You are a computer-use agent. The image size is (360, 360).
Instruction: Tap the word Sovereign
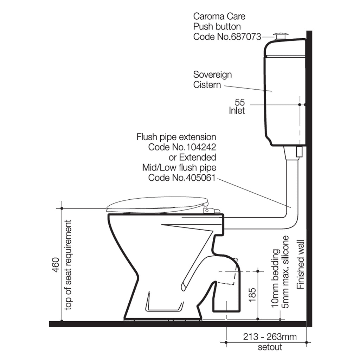click(x=212, y=75)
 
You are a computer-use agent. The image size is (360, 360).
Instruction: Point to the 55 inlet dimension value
click(x=240, y=102)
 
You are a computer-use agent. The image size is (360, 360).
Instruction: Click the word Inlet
click(x=237, y=111)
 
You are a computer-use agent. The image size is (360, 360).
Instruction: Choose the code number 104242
click(x=201, y=147)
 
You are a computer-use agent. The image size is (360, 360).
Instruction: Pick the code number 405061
click(x=201, y=178)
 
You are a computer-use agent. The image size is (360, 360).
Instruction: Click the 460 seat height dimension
click(x=56, y=265)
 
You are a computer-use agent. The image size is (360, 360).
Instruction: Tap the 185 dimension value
click(x=252, y=295)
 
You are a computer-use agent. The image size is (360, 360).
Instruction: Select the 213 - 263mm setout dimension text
click(x=270, y=337)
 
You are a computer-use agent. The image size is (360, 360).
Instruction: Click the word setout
click(x=270, y=347)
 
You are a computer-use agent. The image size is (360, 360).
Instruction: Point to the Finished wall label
click(x=300, y=264)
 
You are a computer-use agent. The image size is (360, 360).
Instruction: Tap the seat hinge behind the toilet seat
click(x=211, y=210)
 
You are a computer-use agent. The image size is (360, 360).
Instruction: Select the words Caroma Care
click(x=219, y=17)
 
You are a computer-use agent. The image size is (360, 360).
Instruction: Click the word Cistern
click(x=207, y=85)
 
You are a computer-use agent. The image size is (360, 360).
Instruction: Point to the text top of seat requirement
click(x=68, y=265)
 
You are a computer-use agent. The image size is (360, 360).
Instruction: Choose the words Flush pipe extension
click(x=176, y=137)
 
